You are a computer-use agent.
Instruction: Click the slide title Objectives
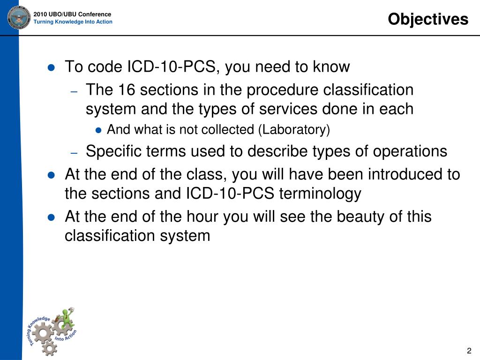pos(428,19)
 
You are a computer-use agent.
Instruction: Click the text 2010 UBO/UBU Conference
pos(72,15)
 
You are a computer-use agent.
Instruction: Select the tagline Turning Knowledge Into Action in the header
pos(73,22)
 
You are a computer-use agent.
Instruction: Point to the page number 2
pos(469,351)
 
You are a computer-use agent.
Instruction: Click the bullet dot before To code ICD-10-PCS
pos(52,67)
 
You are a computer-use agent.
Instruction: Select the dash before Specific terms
pos(74,153)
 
